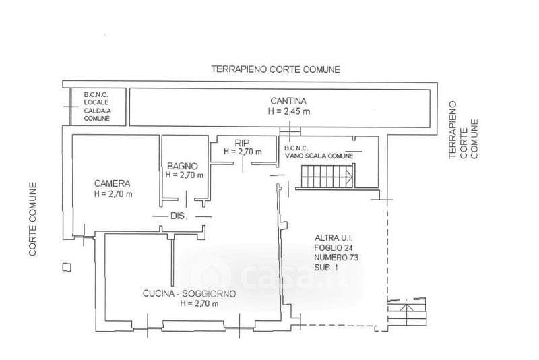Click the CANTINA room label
pos(288,101)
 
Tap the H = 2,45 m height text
pos(289,111)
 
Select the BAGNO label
pos(183,166)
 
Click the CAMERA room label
pos(113,183)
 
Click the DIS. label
pos(179,216)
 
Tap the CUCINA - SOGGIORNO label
pos(189,294)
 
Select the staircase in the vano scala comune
pos(327,177)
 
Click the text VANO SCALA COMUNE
pos(319,156)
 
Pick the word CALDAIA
pos(98,111)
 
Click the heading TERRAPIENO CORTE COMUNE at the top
pos(276,69)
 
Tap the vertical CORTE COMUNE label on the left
pos(32,219)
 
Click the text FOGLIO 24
pos(334,247)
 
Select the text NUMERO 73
pos(336,258)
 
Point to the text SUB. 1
pos(326,267)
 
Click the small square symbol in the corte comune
pos(67,267)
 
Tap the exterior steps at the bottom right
pos(407,311)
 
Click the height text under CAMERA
pos(113,194)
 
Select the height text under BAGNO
pos(185,175)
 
